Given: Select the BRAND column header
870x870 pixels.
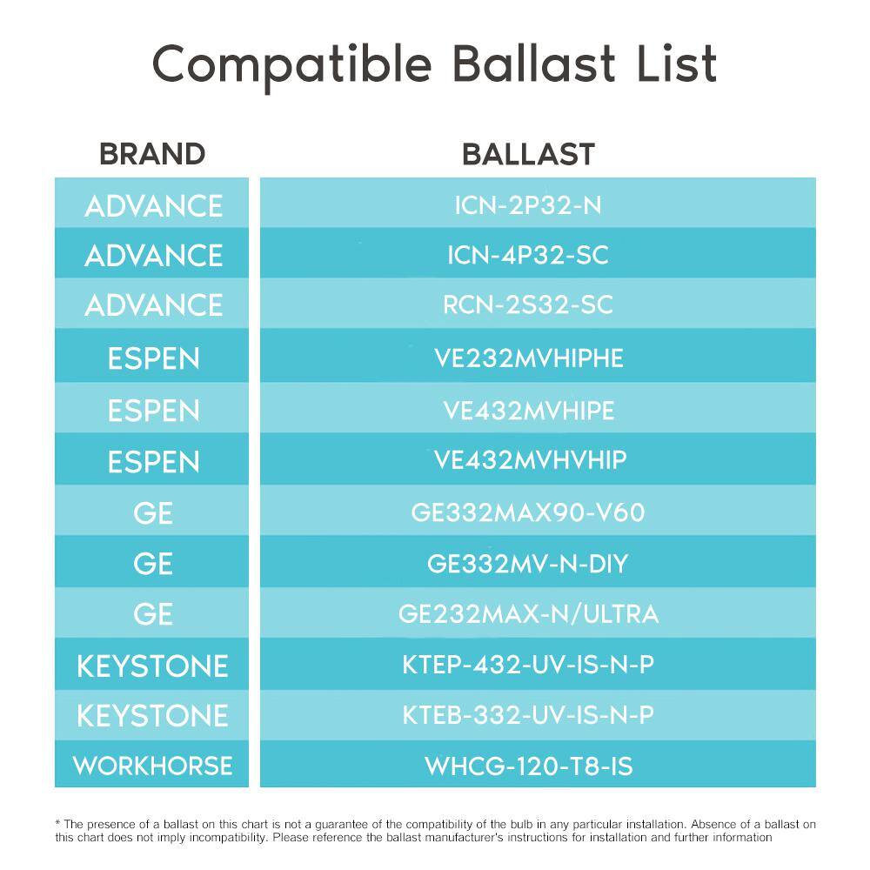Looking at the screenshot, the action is point(152,154).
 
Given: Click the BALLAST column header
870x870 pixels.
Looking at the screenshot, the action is point(529,154).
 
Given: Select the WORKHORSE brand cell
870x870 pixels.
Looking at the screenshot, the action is point(152,766).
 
